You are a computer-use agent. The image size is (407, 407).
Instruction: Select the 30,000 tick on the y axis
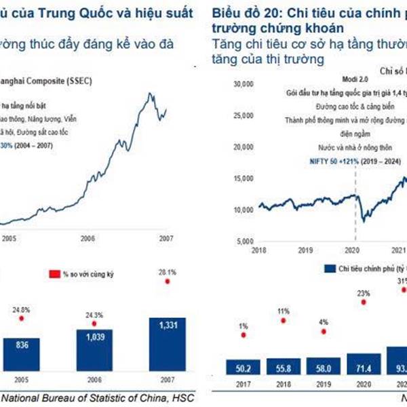pyautogui.click(x=243, y=85)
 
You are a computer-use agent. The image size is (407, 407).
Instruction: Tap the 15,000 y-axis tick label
pyautogui.click(x=243, y=178)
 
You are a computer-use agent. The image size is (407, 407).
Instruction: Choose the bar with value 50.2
pyautogui.click(x=244, y=368)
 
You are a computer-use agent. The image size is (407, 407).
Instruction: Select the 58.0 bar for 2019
pyautogui.click(x=324, y=367)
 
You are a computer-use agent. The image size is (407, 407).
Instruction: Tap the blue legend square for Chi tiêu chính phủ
pyautogui.click(x=331, y=269)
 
